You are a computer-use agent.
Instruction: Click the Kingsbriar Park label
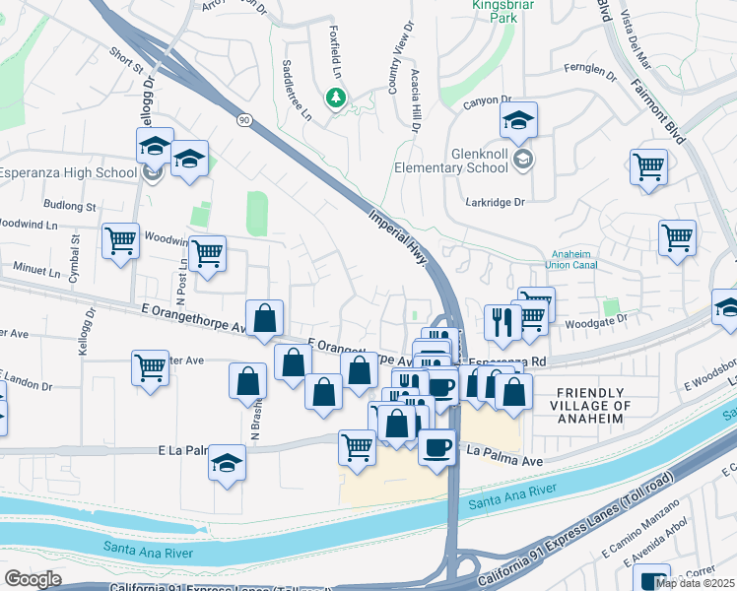click(x=494, y=12)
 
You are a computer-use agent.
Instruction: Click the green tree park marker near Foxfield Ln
click(x=337, y=97)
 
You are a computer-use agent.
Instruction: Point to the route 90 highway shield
click(x=242, y=119)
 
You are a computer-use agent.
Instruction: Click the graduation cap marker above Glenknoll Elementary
click(x=517, y=121)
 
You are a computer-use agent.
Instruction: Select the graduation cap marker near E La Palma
click(x=227, y=463)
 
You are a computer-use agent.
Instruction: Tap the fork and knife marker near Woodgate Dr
click(x=502, y=322)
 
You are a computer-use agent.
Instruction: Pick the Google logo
click(x=33, y=579)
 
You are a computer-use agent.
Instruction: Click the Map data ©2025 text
click(x=695, y=583)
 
